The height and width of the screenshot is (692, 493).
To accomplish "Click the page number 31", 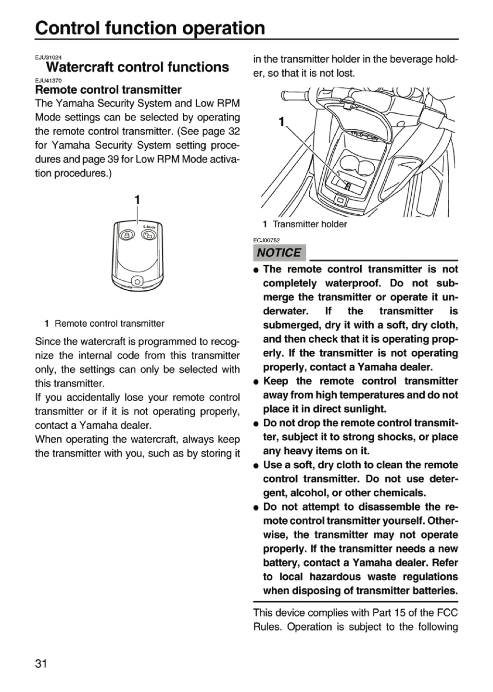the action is click(41, 663).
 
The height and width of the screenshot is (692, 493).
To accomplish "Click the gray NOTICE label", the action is click(279, 253).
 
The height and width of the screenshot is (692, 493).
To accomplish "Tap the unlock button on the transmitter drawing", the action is click(149, 235).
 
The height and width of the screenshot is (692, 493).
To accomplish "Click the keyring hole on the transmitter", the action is click(137, 282).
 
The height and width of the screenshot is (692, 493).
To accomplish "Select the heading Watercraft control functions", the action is click(138, 67).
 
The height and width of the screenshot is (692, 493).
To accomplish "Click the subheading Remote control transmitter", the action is click(108, 89).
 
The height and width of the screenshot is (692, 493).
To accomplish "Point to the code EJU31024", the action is click(48, 58).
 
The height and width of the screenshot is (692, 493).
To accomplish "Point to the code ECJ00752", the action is click(266, 240).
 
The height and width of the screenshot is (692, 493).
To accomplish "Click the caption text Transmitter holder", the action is click(310, 224).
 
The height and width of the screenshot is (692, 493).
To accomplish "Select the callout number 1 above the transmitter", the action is click(137, 200).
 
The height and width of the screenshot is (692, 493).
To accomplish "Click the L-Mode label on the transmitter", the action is click(149, 227).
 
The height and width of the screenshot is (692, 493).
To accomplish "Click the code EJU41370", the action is click(48, 81).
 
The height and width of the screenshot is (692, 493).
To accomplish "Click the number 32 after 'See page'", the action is click(234, 131).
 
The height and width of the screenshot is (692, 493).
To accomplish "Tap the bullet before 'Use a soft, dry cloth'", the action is click(256, 466).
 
